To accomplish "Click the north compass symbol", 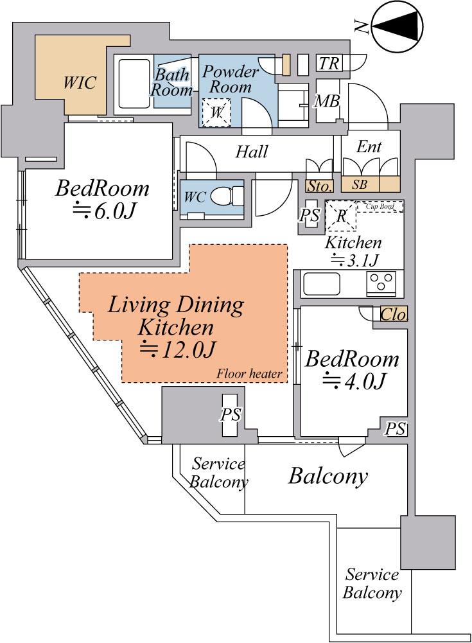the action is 397,26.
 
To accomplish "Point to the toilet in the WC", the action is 227,196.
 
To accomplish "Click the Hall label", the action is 252,152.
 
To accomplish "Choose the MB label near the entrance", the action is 327,101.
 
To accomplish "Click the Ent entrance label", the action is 369,146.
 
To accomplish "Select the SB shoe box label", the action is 360,185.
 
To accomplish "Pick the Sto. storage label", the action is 319,186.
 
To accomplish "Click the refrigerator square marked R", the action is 341,216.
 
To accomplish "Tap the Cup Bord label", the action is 381,206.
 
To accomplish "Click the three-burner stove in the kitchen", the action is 381,283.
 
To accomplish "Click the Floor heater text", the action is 249,374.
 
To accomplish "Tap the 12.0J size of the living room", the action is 178,349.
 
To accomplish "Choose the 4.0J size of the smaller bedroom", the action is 354,381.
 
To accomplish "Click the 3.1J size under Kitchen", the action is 354,260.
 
